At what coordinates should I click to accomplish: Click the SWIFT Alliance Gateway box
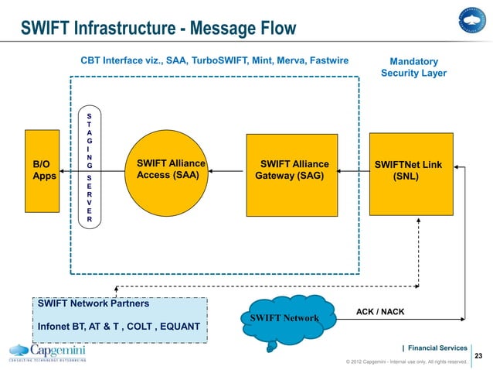tap(291, 174)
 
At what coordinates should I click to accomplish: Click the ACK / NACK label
tap(380, 311)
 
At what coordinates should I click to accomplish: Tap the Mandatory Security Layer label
tap(413, 67)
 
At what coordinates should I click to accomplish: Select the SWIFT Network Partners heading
tap(93, 303)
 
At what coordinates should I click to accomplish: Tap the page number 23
tap(477, 356)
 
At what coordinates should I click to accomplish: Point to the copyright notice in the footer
tap(406, 361)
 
